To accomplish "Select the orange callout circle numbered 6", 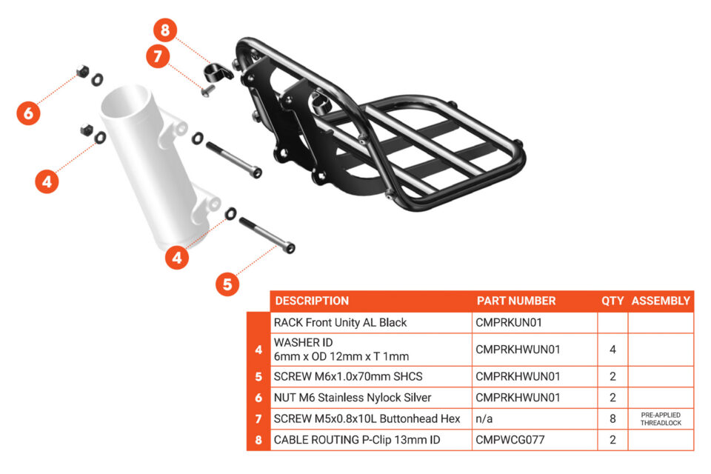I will (x=29, y=113).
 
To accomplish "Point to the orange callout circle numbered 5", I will (x=228, y=284).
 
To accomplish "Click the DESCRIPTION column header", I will (x=311, y=301).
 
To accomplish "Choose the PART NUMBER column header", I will (x=515, y=301).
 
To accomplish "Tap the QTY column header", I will (x=612, y=301).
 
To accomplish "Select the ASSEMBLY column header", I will (x=661, y=301).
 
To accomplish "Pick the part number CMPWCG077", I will (x=510, y=440).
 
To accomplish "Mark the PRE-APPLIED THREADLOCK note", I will (x=661, y=418).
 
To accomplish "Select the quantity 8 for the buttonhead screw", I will (x=612, y=419).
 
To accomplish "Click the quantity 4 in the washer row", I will (x=612, y=350).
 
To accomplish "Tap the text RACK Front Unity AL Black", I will (x=341, y=323).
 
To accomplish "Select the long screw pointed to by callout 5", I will (x=265, y=233).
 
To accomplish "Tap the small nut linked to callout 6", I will (x=81, y=73).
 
